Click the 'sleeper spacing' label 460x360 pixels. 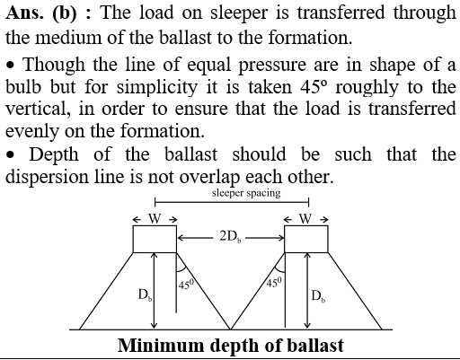[246, 193]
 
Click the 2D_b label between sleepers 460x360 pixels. [230, 237]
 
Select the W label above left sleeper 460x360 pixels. [155, 219]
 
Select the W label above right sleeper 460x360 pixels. [305, 219]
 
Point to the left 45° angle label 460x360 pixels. [186, 284]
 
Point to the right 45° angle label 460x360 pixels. [274, 282]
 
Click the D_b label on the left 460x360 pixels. [145, 294]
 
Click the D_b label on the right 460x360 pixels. [318, 296]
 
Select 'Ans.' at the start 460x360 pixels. [24, 13]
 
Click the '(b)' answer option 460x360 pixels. [65, 13]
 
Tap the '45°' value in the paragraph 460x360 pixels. [313, 87]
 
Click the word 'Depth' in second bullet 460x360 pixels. [54, 154]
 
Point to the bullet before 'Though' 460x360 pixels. [11, 65]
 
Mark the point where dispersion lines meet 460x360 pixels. [230, 329]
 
